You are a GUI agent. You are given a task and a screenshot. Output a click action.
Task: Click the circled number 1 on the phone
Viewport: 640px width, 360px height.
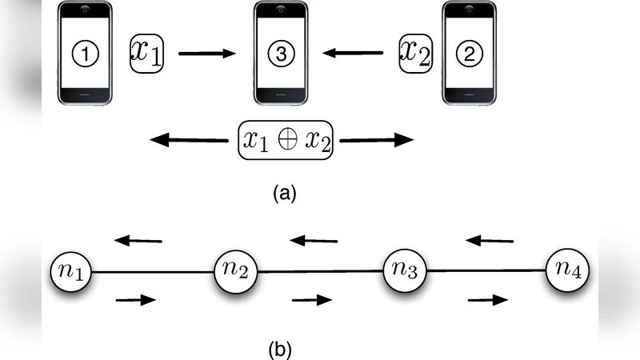point(86,54)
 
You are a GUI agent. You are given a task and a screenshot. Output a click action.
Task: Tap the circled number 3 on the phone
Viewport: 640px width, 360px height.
point(280,54)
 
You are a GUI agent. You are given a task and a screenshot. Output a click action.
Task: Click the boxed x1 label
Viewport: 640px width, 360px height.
point(146,54)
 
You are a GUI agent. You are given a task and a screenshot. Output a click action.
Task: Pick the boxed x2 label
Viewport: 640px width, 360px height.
point(418,54)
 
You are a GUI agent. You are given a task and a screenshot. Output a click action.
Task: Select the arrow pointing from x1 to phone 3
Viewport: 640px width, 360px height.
point(206,54)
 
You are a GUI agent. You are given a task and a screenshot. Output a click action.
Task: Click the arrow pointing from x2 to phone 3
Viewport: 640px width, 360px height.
point(353,54)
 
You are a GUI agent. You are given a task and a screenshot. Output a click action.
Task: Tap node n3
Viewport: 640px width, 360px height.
point(406,272)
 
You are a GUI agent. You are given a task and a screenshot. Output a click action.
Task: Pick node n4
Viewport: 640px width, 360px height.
point(569,272)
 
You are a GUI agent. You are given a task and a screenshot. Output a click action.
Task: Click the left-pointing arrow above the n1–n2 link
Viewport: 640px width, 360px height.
point(138,239)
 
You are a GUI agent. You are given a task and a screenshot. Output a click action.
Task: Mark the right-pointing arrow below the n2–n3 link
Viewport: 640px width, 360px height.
point(311,300)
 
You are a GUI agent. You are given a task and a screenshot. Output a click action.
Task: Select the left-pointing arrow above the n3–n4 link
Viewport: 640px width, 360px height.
point(490,239)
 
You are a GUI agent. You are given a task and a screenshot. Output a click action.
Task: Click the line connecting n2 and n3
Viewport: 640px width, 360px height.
point(320,272)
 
